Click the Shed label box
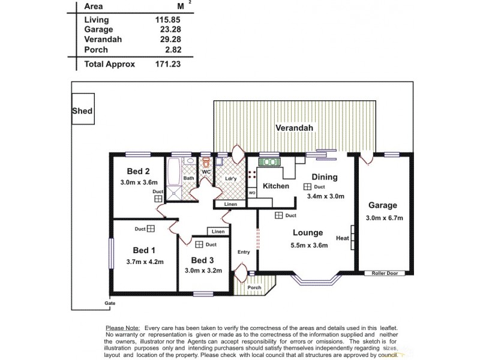(x=82, y=111)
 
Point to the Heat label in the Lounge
(x=343, y=238)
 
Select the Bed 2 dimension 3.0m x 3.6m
(x=139, y=182)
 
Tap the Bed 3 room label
(x=202, y=260)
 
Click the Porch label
(x=254, y=287)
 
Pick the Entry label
(x=243, y=252)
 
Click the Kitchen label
(x=276, y=186)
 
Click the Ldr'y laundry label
(x=230, y=179)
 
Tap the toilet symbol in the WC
(x=206, y=163)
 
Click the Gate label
(x=109, y=303)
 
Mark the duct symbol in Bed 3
(x=199, y=244)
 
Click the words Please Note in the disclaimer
(x=123, y=328)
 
